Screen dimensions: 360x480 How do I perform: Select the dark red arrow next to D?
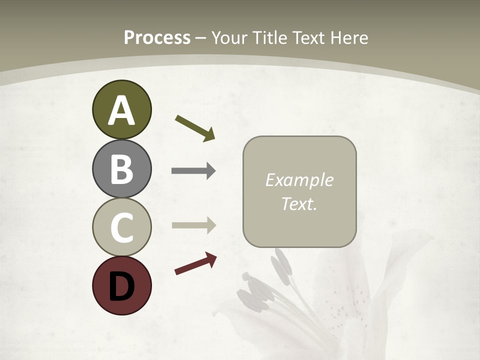195,263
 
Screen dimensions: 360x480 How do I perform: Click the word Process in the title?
157,38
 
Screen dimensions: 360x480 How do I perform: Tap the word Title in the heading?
269,38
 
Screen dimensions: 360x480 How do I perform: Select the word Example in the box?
299,180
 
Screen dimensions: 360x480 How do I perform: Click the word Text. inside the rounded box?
299,203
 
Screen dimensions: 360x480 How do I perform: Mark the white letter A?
121,110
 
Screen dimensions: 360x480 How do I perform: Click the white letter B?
121,169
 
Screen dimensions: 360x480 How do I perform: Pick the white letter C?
121,227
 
